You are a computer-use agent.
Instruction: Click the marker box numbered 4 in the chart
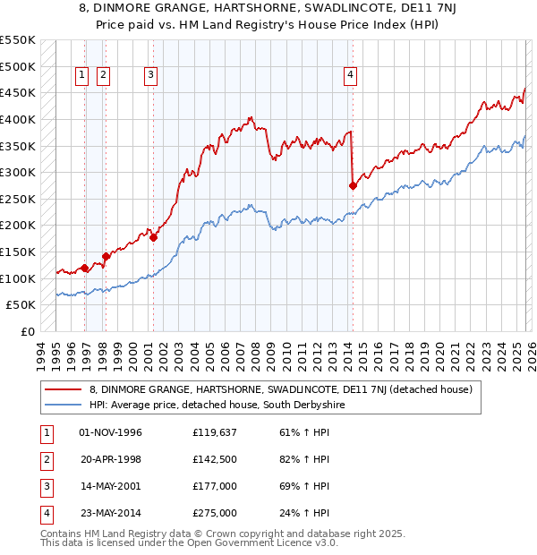pyautogui.click(x=350, y=75)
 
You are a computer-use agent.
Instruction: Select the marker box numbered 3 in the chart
pyautogui.click(x=150, y=75)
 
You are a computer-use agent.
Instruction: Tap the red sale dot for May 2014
pyautogui.click(x=353, y=185)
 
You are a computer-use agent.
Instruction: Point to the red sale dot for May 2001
pyautogui.click(x=154, y=237)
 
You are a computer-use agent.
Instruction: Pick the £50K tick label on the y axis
pyautogui.click(x=21, y=305)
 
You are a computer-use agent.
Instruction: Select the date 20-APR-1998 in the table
pyautogui.click(x=110, y=460)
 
